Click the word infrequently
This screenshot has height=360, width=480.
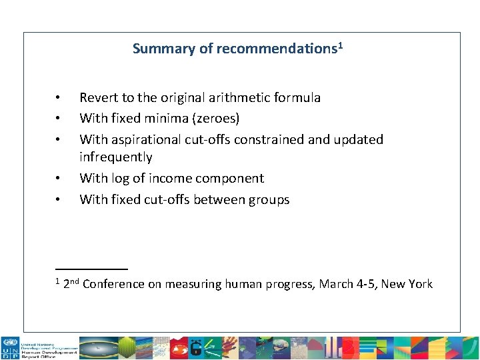[116, 157]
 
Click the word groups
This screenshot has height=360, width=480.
[269, 200]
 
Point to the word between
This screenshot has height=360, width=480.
[222, 200]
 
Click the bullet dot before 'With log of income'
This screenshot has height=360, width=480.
[59, 179]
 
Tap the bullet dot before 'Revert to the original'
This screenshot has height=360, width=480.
[59, 97]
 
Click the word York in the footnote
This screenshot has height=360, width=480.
[419, 285]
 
